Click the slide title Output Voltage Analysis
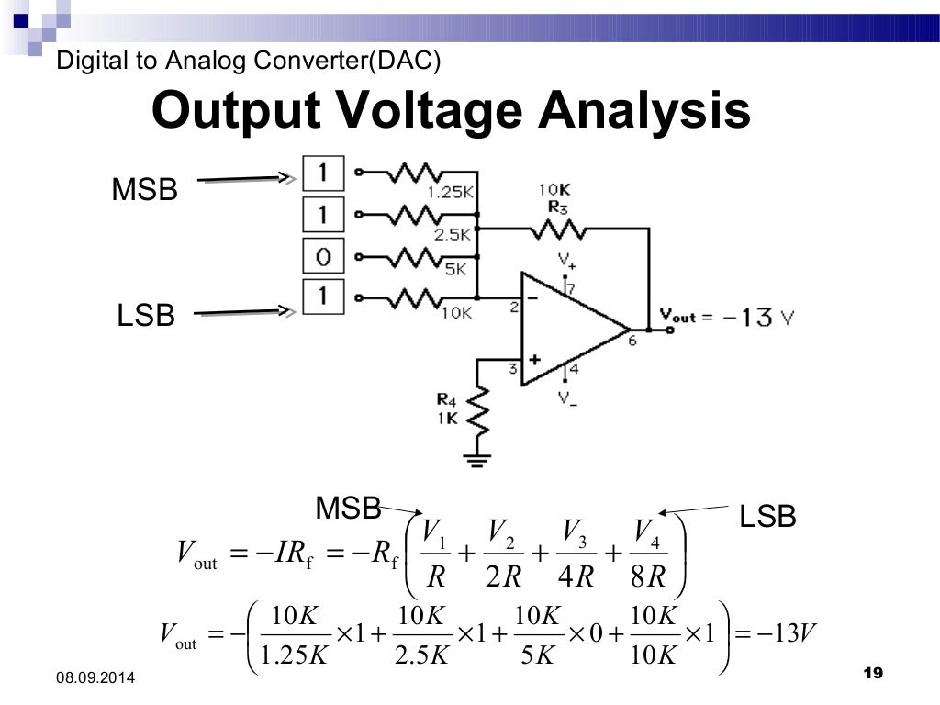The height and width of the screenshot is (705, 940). point(451,110)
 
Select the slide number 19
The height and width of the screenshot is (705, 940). point(873,674)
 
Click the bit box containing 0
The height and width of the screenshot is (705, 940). point(323,257)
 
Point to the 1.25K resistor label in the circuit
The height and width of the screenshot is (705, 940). point(450,192)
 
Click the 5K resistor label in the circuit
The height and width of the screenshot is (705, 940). point(455,270)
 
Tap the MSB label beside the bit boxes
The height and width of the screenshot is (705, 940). point(144,191)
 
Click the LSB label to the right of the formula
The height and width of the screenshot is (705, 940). point(767,517)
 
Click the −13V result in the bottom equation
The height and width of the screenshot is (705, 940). point(789,632)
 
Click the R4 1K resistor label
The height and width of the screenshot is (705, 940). point(447,408)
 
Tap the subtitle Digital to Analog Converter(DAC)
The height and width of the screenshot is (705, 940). point(249,62)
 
